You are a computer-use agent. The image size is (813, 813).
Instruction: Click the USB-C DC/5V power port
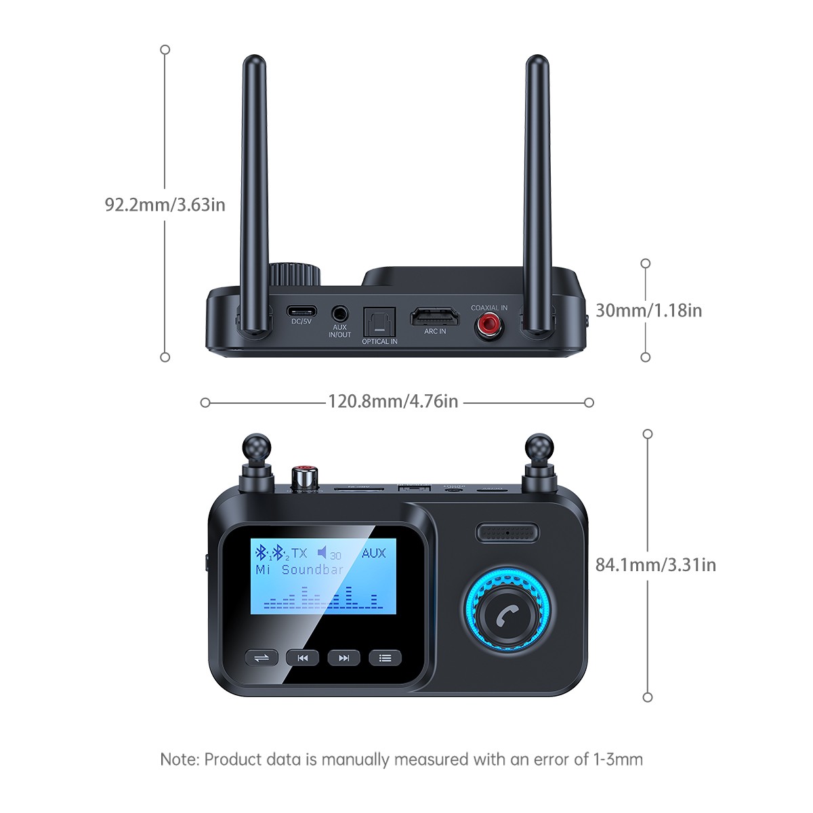301,311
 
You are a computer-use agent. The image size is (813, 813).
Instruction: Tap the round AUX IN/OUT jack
340,314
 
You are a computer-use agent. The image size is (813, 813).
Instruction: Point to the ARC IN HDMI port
434,316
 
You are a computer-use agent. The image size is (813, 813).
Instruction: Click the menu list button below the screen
385,657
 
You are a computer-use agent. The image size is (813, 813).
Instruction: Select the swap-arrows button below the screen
262,657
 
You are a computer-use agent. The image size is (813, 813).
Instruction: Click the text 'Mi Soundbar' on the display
299,570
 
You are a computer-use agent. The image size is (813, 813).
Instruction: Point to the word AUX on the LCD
373,553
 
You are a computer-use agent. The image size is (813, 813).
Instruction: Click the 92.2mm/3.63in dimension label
165,205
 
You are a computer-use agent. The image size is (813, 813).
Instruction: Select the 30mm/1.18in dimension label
648,310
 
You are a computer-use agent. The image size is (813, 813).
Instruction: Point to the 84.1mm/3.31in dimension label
655,564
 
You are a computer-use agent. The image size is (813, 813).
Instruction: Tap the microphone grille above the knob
507,533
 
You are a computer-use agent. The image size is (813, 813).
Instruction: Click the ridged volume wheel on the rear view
294,275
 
